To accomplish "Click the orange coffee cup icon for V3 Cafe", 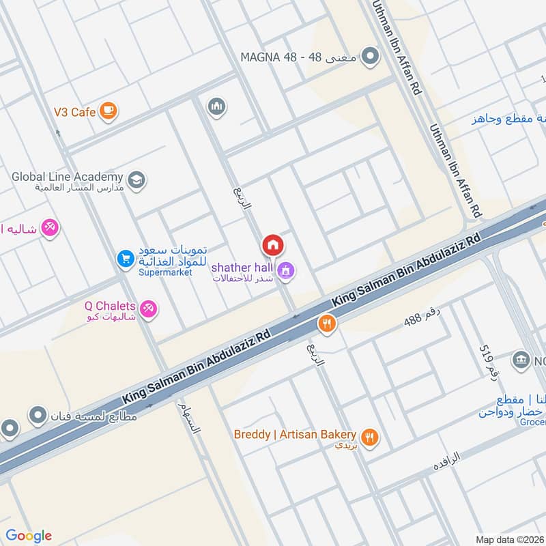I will pos(107,110).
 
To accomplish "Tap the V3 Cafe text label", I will pos(74,111).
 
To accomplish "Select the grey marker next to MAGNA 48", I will pos(370,56).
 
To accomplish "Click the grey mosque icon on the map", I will pos(217,106).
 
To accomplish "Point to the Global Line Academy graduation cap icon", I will pos(136,181).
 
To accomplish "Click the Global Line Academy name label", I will pos(67,177).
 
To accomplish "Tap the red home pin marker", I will pos(272,244).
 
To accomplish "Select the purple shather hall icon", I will pos(287,272).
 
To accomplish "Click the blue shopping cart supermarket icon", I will pos(125,258).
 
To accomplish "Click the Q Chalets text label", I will pos(110,306).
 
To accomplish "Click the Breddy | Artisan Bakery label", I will pos(295,435).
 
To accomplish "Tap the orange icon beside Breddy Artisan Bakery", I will pos(370,437).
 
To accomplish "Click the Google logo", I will pos(29,535).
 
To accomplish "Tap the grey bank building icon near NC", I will pos(521,360).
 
